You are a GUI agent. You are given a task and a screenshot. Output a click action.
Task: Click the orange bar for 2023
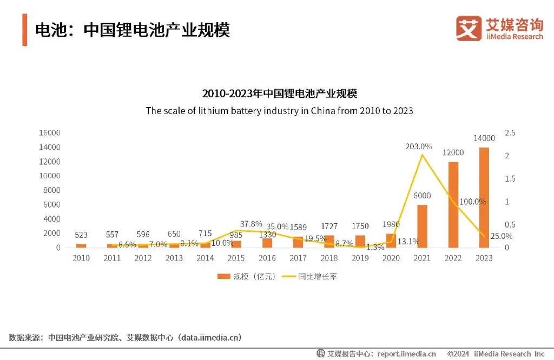click(484, 197)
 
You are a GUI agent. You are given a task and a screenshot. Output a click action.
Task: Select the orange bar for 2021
click(423, 226)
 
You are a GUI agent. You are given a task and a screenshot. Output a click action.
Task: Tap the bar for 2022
click(453, 204)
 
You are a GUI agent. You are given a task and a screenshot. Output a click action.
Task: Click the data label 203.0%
click(419, 146)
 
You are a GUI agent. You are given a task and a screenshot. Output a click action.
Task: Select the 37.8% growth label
click(250, 223)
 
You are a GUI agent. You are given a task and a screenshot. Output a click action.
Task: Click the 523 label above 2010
click(81, 235)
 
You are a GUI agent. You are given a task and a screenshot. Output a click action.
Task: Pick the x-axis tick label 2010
click(81, 258)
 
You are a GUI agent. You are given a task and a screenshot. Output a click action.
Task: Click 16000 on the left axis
click(49, 133)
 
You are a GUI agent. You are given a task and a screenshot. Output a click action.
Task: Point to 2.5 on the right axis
click(510, 133)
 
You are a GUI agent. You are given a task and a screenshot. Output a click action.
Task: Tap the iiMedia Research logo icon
click(468, 28)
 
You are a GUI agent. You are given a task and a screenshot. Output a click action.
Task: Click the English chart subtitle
click(279, 111)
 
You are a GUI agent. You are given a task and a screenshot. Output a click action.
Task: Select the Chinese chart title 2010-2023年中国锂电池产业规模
click(279, 94)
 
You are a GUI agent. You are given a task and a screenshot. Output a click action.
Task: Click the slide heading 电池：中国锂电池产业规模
click(133, 30)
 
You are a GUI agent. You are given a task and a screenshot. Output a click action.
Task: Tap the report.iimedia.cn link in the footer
click(406, 354)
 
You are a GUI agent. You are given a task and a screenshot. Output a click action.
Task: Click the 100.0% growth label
click(472, 202)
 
